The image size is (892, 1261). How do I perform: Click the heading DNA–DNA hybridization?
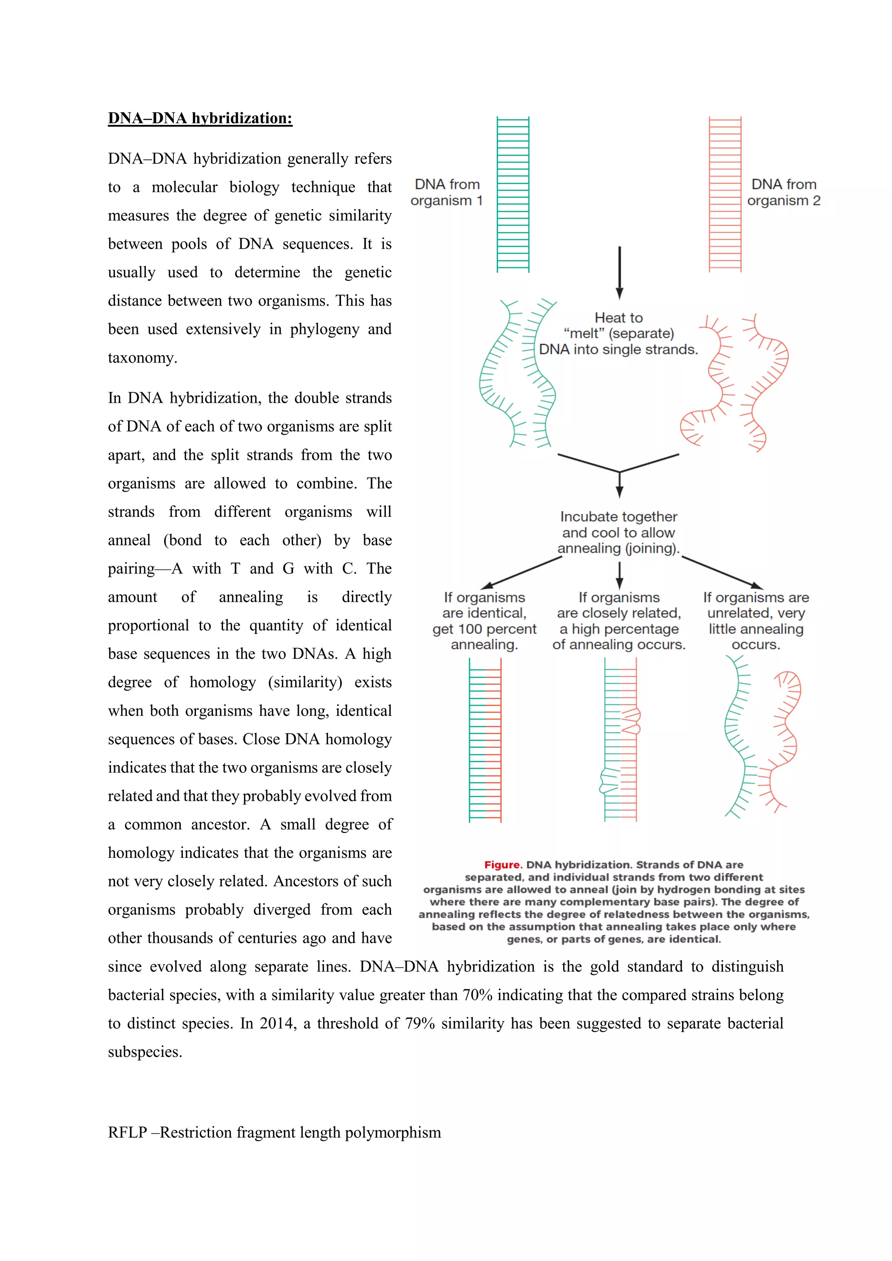[x=200, y=118]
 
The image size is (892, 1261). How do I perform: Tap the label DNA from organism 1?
[x=446, y=192]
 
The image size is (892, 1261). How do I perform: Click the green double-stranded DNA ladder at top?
[x=513, y=195]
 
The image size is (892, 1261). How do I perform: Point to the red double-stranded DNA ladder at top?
[x=725, y=195]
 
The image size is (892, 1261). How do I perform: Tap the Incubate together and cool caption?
[x=618, y=532]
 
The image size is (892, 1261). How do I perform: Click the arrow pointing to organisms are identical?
[x=521, y=572]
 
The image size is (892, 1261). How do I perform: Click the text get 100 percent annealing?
[x=484, y=637]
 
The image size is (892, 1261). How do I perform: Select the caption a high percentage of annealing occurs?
[x=619, y=637]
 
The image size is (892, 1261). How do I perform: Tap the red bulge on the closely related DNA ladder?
[x=632, y=722]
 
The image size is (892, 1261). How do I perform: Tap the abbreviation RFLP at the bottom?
[x=128, y=1133]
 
